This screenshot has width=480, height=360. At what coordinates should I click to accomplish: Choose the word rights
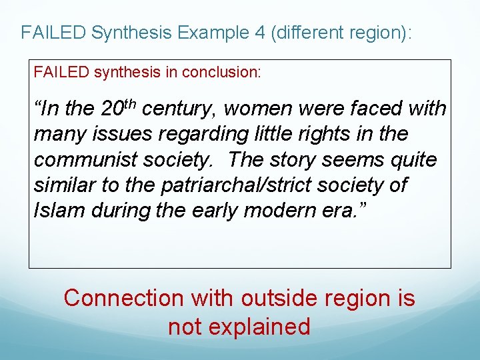tap(331, 134)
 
